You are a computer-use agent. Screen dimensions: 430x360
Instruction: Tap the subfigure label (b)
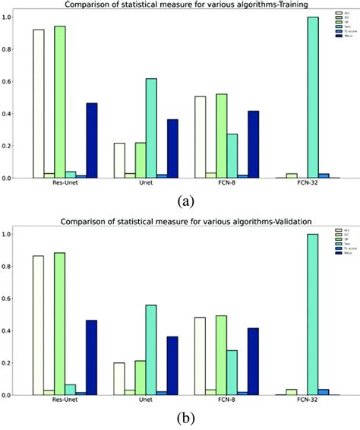point(185,419)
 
